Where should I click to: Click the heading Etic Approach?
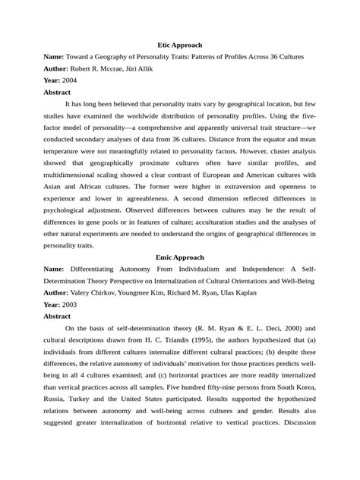point(179,46)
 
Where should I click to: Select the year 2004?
point(69,80)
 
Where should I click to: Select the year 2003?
point(69,304)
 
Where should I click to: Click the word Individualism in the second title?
point(188,269)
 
